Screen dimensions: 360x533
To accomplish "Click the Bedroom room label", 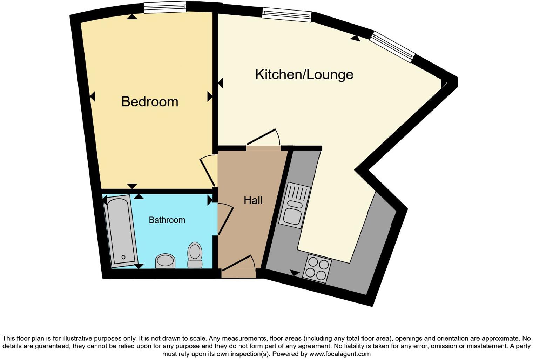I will click(150, 102).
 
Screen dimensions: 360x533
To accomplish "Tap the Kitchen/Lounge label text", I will click(304, 74).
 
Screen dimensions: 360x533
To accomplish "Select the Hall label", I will click(253, 200).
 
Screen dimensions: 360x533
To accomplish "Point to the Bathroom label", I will click(167, 220).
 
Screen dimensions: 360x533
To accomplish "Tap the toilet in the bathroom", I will click(195, 255).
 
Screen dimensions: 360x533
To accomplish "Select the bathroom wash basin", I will click(165, 261).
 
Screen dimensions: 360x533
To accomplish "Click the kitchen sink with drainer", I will click(295, 205).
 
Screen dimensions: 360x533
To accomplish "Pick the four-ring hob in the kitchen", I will click(318, 268).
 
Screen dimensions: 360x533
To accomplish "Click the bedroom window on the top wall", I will click(165, 7).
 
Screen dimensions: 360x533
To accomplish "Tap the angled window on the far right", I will click(392, 47).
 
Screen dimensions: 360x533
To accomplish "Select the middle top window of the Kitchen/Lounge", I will click(287, 15).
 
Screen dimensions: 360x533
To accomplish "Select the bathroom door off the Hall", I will click(225, 219).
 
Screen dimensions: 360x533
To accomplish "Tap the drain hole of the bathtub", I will click(123, 257).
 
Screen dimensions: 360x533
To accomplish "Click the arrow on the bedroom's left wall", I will click(92, 96).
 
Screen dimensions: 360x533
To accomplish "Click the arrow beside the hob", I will click(295, 273).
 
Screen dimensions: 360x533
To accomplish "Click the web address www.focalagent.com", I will click(339, 354).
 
